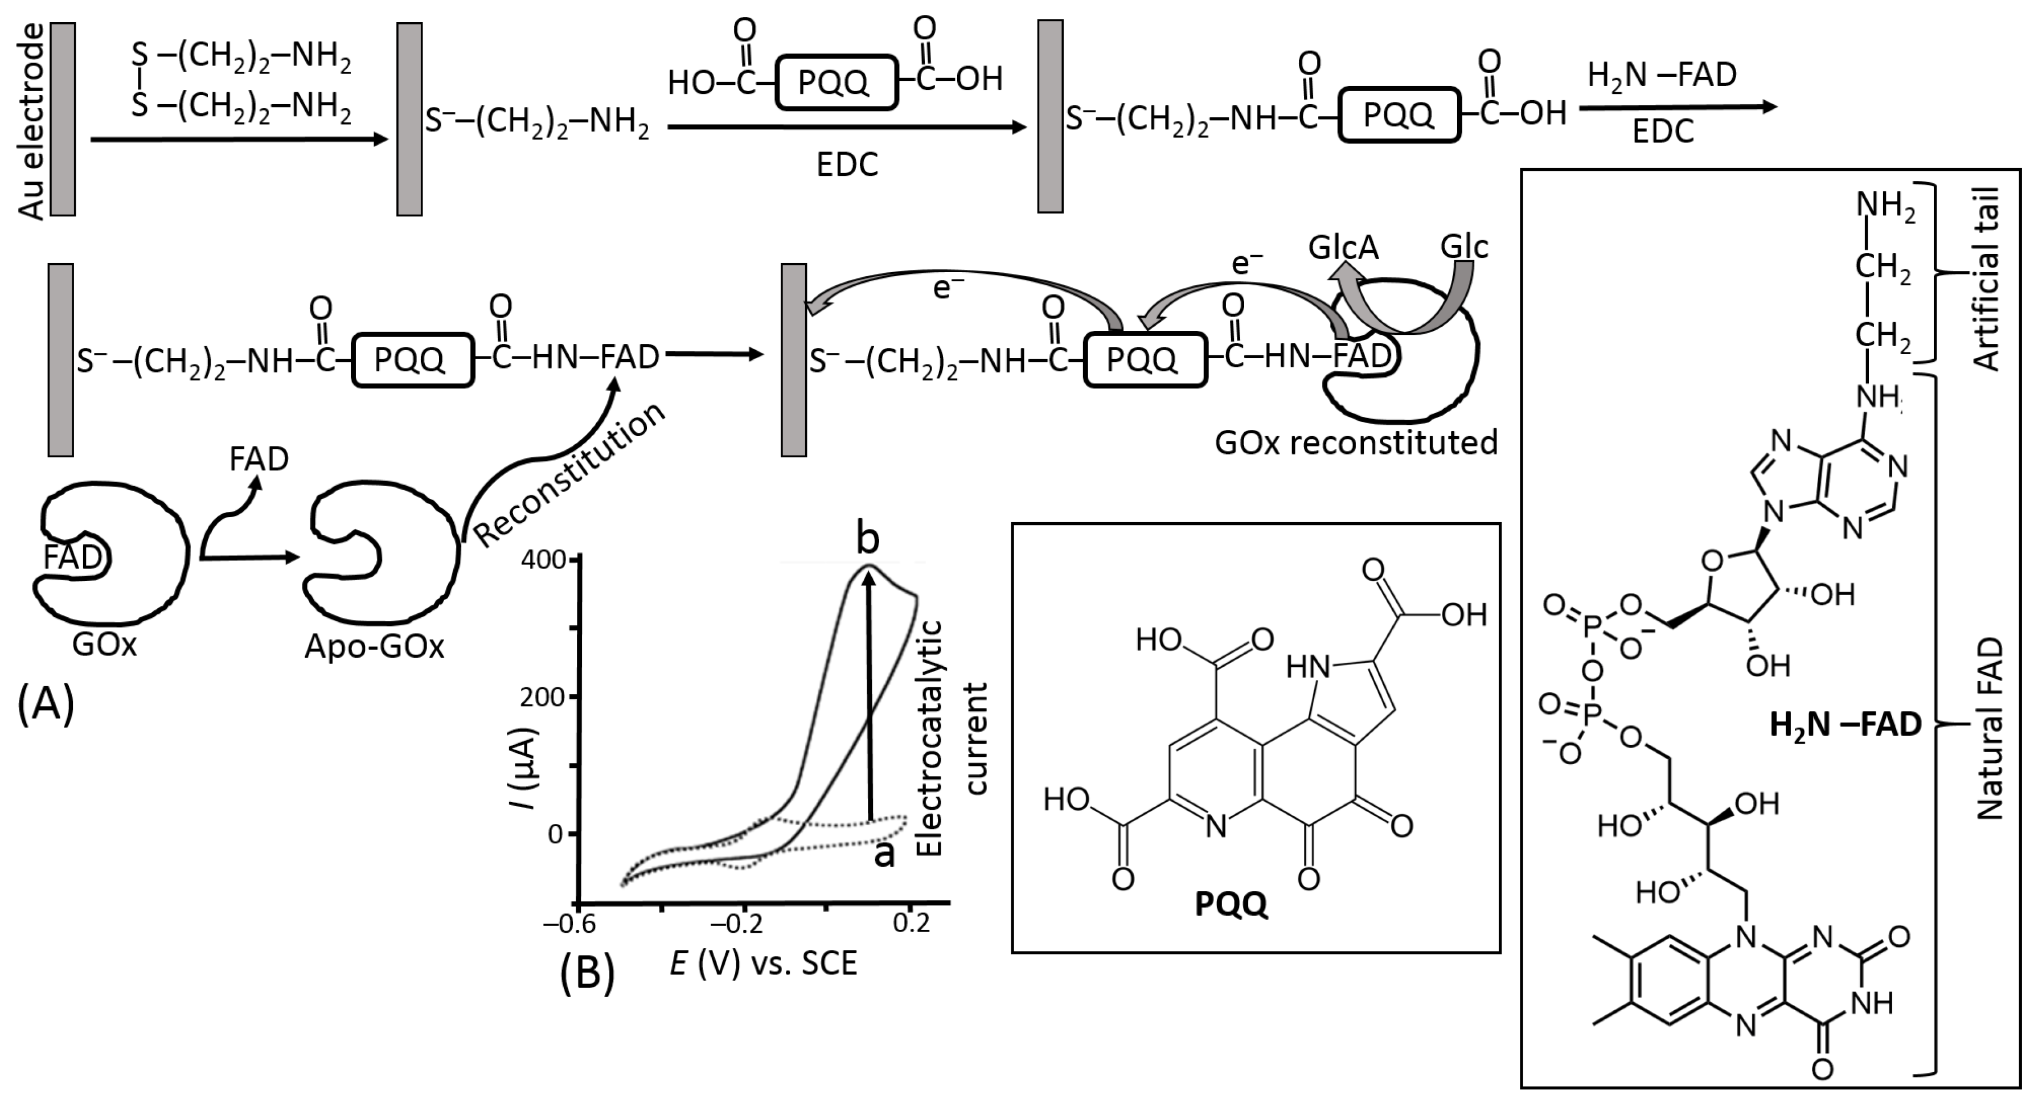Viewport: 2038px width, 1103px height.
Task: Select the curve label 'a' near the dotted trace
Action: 884,854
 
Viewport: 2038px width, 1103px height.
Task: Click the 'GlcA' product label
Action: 1343,248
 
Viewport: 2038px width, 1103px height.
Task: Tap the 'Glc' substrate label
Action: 1463,247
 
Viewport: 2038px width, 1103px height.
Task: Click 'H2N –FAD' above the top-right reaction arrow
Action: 1662,76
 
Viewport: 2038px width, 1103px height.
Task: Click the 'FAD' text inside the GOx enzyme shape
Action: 72,557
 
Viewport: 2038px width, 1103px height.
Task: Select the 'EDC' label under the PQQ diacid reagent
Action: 847,165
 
